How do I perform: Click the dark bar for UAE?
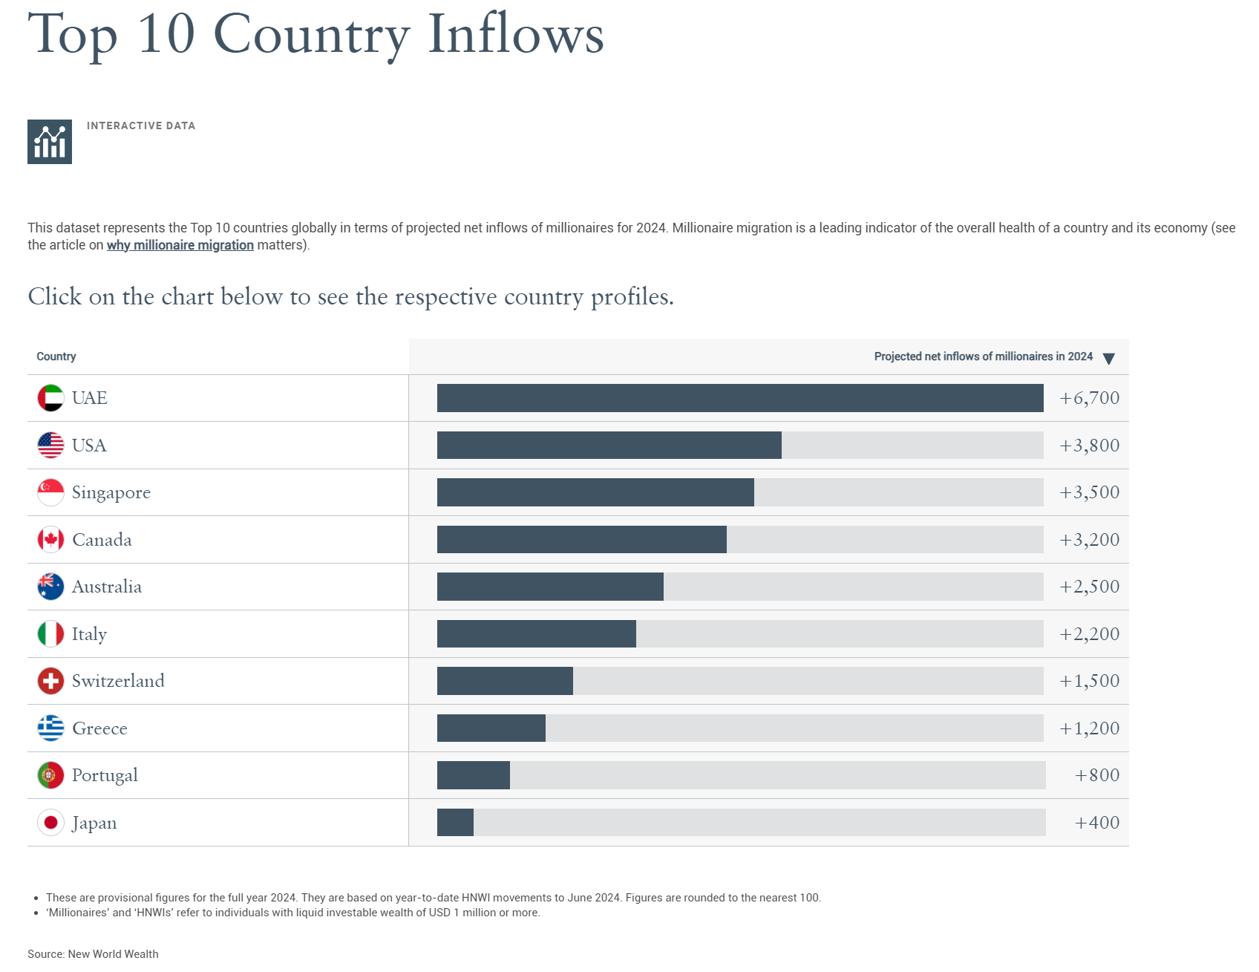pos(740,398)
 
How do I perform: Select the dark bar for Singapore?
pos(595,492)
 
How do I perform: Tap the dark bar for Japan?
pos(455,823)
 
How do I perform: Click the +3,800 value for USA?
pos(1089,446)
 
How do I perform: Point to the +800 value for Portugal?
pos(1096,775)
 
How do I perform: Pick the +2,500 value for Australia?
pos(1089,587)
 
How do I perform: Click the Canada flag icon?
pos(50,540)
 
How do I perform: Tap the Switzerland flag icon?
pos(50,681)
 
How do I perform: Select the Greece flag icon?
pos(50,728)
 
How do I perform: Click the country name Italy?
pos(89,634)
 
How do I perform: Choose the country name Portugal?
pos(105,775)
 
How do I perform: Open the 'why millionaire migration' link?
pos(180,245)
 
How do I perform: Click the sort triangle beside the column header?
pos(1108,359)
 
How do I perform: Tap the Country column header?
pos(56,356)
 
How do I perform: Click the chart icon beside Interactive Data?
pos(50,142)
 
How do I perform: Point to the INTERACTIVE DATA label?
pos(141,125)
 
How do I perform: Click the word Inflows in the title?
pos(516,34)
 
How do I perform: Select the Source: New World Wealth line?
pos(93,954)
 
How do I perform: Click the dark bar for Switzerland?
pos(505,681)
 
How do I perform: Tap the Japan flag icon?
pos(50,823)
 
